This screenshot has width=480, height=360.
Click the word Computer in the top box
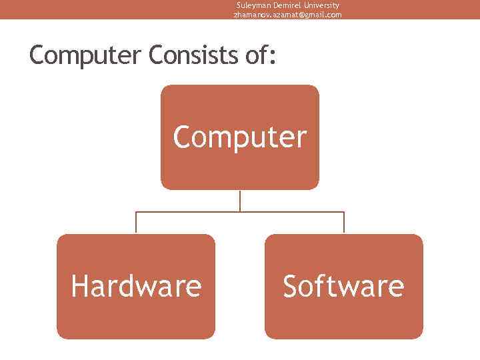click(x=240, y=137)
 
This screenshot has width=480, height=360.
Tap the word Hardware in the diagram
click(x=136, y=287)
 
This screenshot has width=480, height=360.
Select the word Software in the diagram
click(x=343, y=287)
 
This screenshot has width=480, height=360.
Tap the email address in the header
click(x=287, y=15)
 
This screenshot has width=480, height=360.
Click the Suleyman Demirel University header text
click(x=287, y=5)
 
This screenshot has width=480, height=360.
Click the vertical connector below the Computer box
click(x=240, y=201)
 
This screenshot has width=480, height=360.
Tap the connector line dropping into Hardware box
click(x=136, y=223)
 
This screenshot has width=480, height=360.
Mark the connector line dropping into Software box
click(x=344, y=223)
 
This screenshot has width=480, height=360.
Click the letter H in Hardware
click(x=79, y=287)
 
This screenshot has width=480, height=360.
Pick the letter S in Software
click(x=290, y=287)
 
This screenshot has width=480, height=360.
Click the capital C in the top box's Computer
click(x=182, y=137)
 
